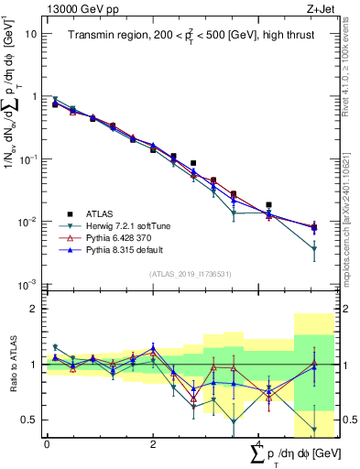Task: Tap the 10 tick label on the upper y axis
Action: coord(30,34)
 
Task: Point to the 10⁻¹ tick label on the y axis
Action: coord(27,158)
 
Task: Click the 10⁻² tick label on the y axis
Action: coord(27,222)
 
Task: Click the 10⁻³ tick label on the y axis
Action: coord(27,285)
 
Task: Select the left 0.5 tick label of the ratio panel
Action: coord(29,420)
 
